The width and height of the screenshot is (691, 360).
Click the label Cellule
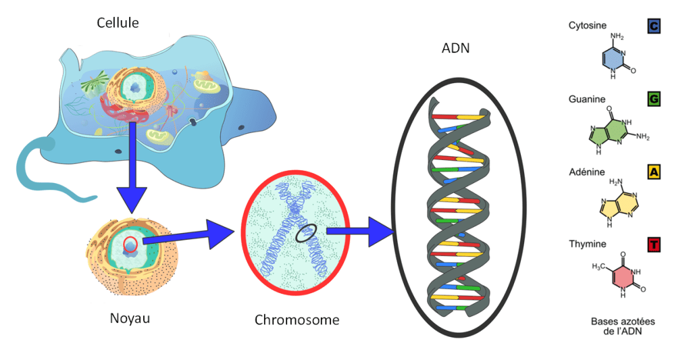click(x=118, y=23)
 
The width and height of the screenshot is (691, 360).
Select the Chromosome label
click(x=297, y=319)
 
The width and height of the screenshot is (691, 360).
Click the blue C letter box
click(x=653, y=26)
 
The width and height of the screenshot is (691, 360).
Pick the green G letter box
click(x=653, y=100)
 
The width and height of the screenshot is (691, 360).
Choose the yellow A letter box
click(x=653, y=172)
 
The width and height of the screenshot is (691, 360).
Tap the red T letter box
click(x=653, y=244)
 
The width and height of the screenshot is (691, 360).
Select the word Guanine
click(x=587, y=99)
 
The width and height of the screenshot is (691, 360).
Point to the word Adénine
click(x=587, y=172)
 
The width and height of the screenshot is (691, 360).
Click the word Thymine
click(x=588, y=244)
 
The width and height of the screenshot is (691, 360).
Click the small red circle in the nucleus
click(x=131, y=244)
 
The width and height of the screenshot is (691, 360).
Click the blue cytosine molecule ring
click(x=614, y=61)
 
